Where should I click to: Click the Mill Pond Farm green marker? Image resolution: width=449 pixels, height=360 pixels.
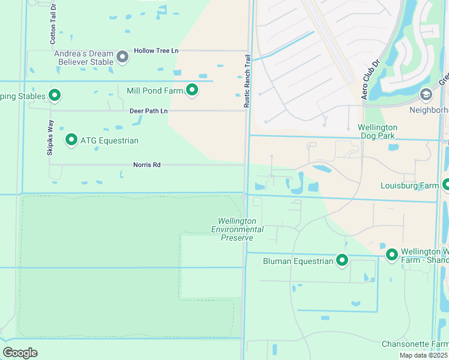[192, 90]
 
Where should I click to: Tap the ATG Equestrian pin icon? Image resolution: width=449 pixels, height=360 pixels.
[71, 140]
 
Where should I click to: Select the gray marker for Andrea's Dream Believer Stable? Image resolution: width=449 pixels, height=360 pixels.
[122, 57]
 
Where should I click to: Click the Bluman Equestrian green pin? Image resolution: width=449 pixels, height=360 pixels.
[342, 260]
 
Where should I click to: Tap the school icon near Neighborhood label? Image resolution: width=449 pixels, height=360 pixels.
[426, 94]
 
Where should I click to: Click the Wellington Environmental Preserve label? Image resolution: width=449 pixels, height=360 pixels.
[237, 229]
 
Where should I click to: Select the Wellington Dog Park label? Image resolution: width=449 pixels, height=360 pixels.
[378, 131]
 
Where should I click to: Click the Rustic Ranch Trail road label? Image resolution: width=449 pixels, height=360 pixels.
[246, 82]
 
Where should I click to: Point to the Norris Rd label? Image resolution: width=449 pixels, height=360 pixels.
[147, 165]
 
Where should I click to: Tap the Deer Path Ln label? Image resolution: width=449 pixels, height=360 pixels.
[148, 111]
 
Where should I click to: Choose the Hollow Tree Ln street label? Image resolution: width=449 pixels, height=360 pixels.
[156, 51]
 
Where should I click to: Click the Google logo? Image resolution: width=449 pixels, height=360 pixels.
[20, 352]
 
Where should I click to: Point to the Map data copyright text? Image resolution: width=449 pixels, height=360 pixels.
[424, 355]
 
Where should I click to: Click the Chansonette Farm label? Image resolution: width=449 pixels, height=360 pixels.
[415, 344]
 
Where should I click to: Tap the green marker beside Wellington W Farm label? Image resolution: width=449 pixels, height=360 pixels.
[392, 255]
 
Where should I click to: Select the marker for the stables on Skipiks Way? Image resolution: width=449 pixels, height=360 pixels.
[55, 95]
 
